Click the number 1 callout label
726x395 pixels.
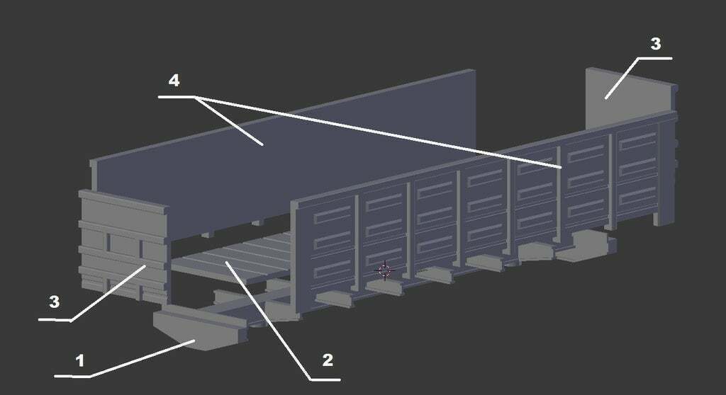80,361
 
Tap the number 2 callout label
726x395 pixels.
328,360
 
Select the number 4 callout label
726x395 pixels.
174,81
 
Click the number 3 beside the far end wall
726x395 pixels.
656,44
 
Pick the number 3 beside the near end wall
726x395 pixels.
54,302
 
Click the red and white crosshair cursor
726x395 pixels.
385,270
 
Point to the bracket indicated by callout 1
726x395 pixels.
200,328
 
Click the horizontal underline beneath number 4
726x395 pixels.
177,97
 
